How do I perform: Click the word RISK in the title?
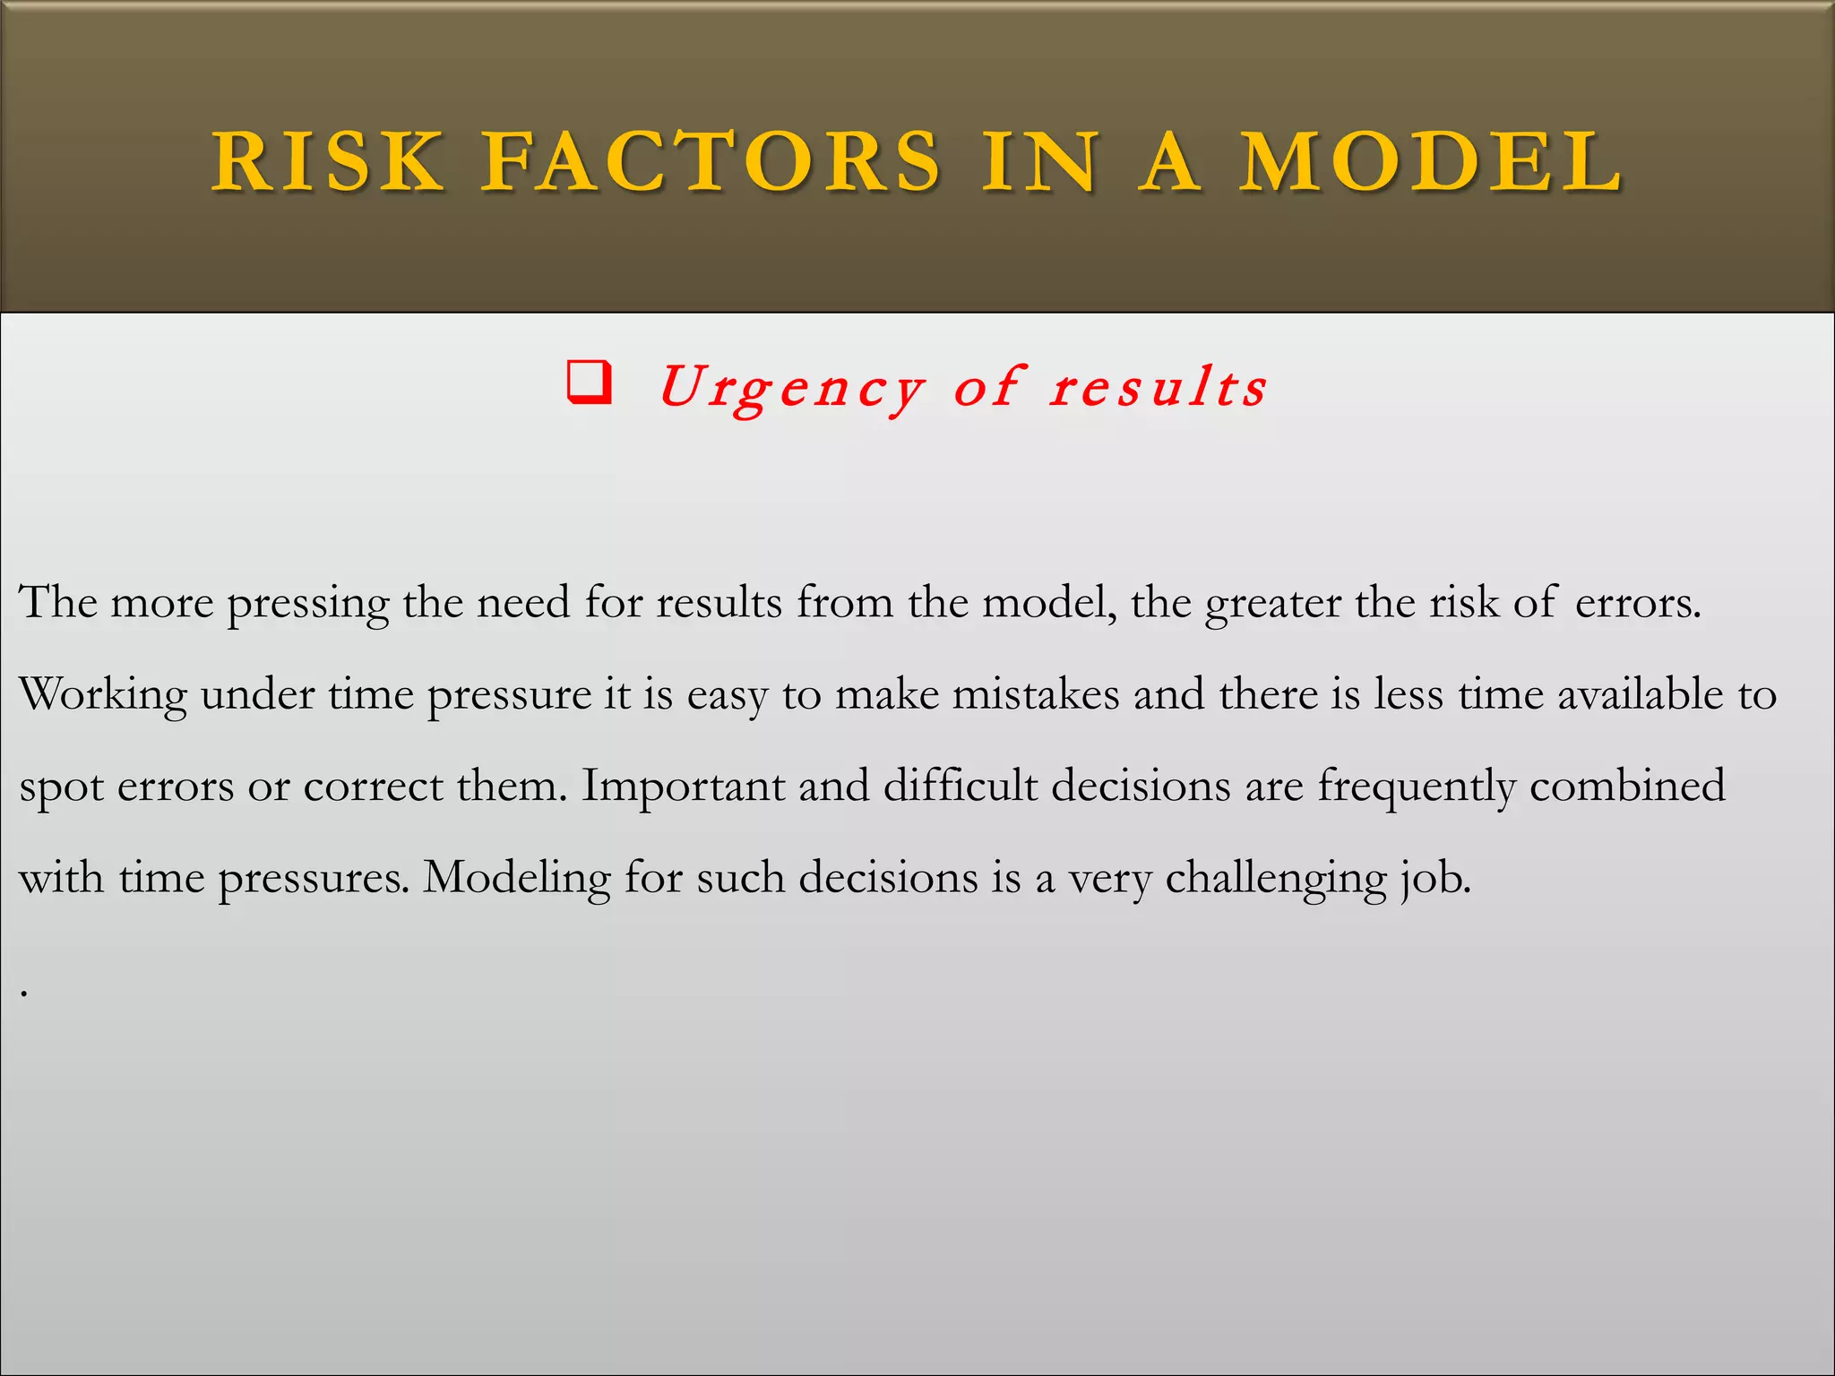point(328,161)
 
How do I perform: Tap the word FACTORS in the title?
point(711,161)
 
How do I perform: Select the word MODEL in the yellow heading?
point(1431,161)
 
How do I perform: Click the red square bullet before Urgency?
point(590,383)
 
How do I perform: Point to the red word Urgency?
point(791,388)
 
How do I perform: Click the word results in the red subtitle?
point(1159,388)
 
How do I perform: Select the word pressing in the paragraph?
point(307,603)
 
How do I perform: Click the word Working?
point(103,695)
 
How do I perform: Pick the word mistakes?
point(1035,694)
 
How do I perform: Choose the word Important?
point(684,786)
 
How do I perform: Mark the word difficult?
point(960,786)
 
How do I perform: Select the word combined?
point(1627,786)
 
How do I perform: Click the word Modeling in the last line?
point(517,878)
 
